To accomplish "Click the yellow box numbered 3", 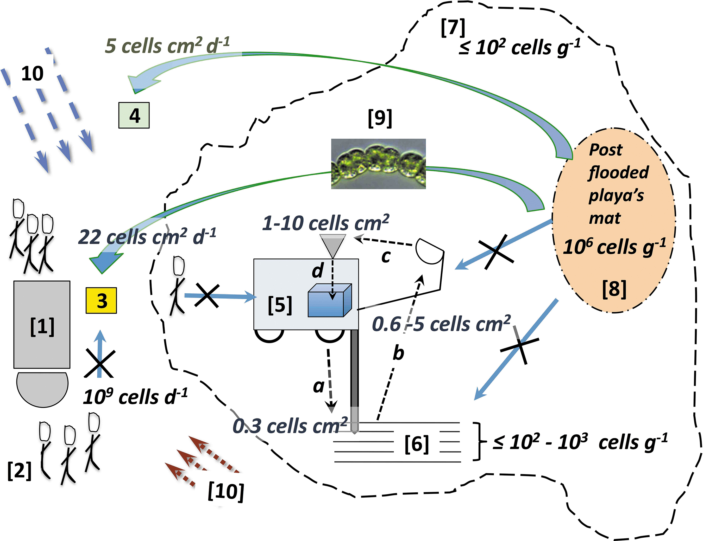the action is click(101, 300).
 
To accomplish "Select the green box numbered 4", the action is click(134, 115).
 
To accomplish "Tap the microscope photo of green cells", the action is click(379, 164).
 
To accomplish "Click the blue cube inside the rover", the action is click(330, 300).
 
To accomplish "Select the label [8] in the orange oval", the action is click(614, 289).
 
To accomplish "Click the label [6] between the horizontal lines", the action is click(417, 444).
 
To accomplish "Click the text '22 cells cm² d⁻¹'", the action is click(147, 237).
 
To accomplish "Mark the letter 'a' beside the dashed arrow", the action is click(318, 386).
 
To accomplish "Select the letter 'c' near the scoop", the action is click(386, 257).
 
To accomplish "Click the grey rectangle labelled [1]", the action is click(42, 325).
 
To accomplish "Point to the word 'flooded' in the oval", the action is click(619, 172).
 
